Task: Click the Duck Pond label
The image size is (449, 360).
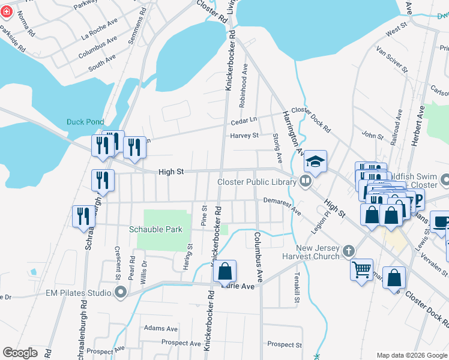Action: (x=85, y=122)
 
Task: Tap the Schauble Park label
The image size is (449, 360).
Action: (x=155, y=229)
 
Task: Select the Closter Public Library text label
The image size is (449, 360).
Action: (x=256, y=182)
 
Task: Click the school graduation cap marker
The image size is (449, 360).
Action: (x=315, y=161)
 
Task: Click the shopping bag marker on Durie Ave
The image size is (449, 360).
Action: (x=224, y=271)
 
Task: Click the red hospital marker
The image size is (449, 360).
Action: (x=6, y=13)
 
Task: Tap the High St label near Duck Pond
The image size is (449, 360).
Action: (x=170, y=172)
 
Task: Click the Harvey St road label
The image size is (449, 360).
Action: (x=244, y=136)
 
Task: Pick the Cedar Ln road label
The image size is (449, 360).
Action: (x=244, y=119)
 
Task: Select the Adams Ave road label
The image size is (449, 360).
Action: (x=161, y=329)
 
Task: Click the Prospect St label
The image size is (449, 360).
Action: (x=284, y=344)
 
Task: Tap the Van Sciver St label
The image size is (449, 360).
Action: (x=391, y=59)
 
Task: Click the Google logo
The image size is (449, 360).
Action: (x=20, y=353)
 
